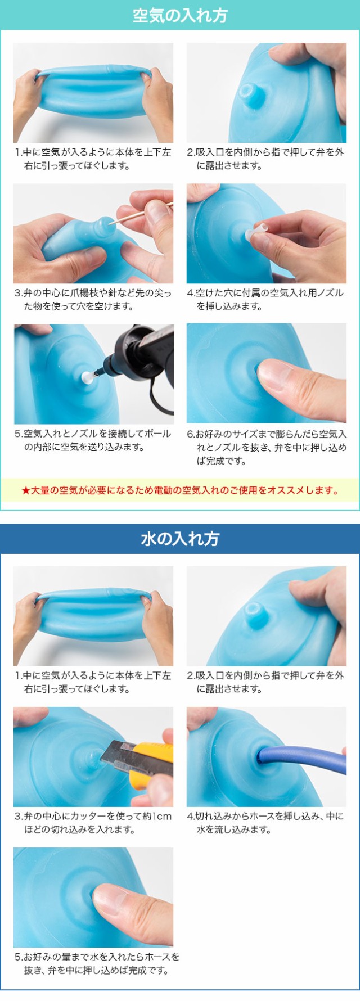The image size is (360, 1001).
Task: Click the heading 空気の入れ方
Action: tap(180, 15)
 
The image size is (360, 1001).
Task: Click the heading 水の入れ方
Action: tap(180, 539)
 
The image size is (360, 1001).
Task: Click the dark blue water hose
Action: tap(304, 756)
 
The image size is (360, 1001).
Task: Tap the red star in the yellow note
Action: tap(25, 491)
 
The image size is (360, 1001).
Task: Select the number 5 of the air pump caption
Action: tap(17, 434)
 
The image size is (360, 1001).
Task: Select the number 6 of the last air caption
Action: tap(190, 434)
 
